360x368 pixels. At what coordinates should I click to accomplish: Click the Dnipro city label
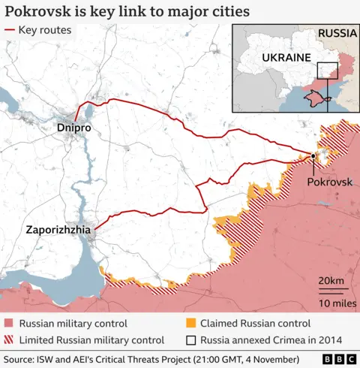(x=73, y=129)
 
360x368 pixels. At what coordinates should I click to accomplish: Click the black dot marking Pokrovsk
(x=313, y=156)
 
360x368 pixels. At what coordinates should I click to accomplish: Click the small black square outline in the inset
(x=327, y=71)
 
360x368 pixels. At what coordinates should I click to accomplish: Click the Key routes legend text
(x=45, y=31)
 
